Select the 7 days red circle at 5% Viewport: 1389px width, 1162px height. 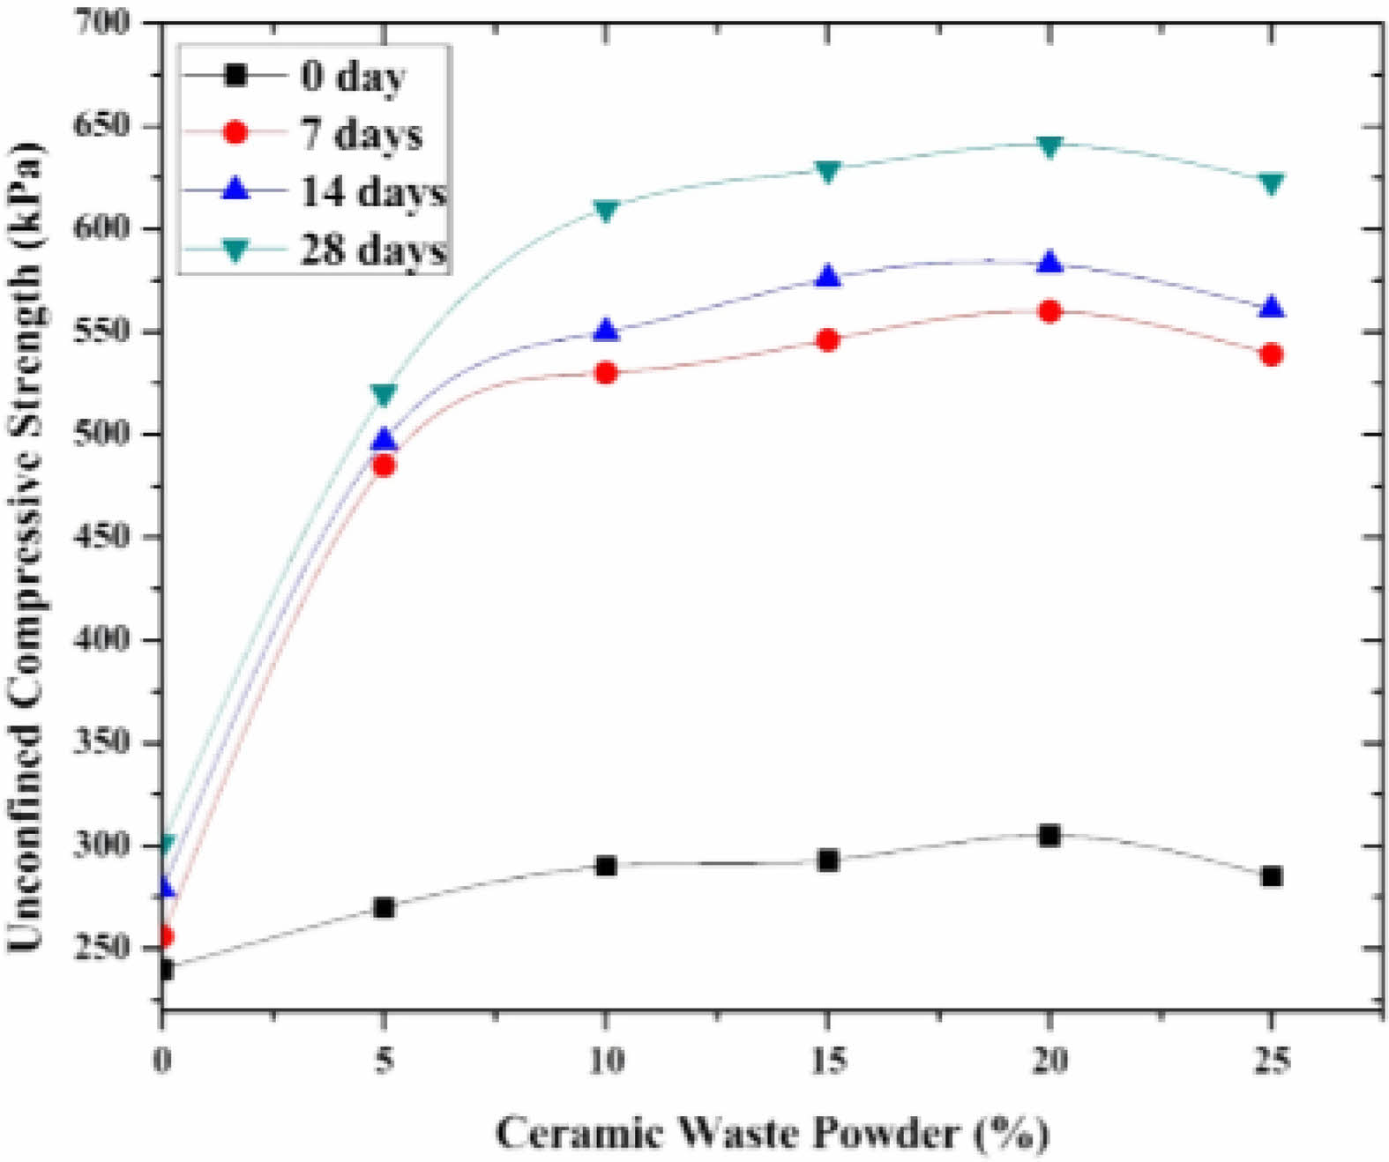[384, 465]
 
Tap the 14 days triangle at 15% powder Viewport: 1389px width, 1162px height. [827, 277]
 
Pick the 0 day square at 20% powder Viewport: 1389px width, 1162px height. [1049, 835]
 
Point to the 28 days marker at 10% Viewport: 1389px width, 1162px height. [605, 210]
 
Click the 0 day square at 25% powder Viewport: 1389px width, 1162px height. [1271, 876]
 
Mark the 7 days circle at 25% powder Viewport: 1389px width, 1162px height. [1271, 354]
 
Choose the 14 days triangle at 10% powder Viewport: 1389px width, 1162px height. [605, 331]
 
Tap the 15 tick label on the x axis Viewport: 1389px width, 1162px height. [827, 1059]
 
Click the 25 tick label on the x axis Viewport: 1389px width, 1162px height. [1271, 1059]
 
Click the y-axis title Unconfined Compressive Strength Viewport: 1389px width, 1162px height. [26, 547]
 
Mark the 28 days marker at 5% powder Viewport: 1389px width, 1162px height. [384, 394]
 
